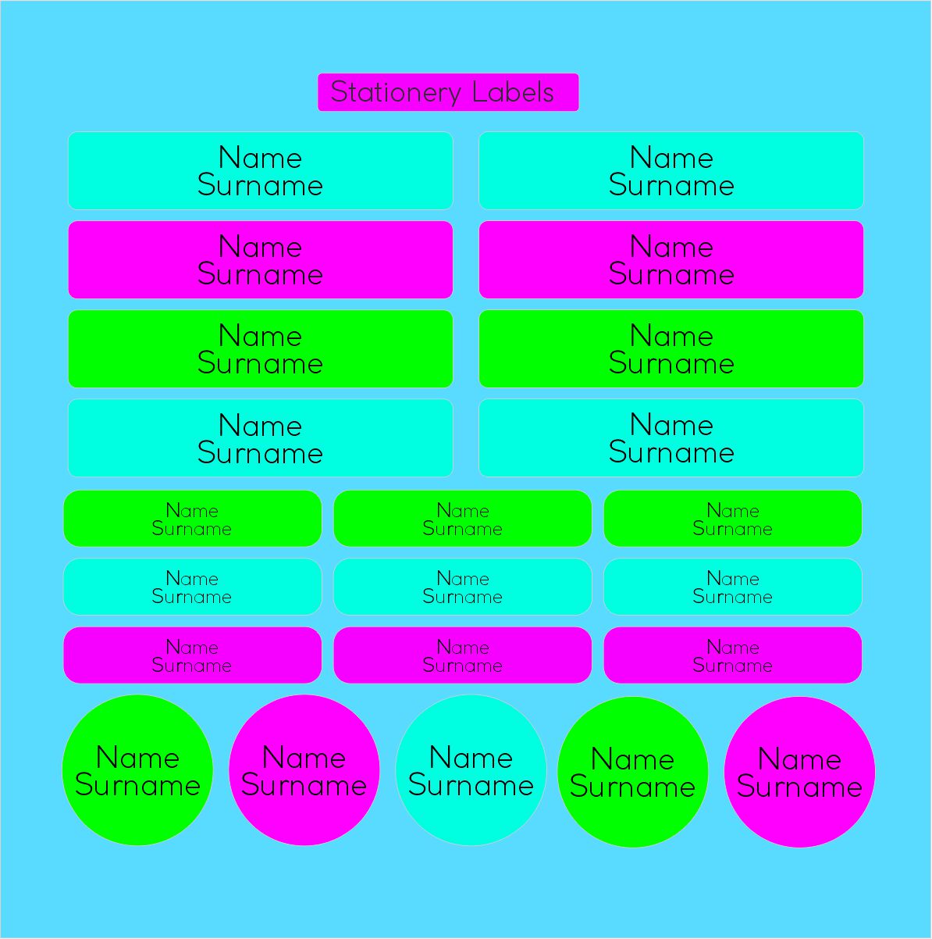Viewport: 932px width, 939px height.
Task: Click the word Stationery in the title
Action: click(395, 92)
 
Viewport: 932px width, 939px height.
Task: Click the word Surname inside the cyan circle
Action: click(471, 785)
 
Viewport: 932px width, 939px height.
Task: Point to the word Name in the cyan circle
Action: click(471, 758)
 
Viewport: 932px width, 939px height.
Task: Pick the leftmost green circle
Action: click(137, 770)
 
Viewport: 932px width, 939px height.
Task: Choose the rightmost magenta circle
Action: click(799, 772)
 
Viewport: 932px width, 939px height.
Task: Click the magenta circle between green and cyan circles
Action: click(304, 770)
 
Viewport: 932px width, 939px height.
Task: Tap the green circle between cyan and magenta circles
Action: click(632, 772)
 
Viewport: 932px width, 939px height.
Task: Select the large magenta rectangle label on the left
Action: click(260, 259)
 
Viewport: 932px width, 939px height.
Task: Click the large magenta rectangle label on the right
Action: click(671, 259)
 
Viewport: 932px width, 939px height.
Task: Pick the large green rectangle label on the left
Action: click(260, 348)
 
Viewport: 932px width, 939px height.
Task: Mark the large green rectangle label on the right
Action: click(671, 348)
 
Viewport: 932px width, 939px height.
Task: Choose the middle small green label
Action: click(462, 519)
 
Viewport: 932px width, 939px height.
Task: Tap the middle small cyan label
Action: click(462, 587)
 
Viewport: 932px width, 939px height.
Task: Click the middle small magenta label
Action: click(462, 655)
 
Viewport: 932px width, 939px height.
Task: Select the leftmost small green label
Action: click(192, 519)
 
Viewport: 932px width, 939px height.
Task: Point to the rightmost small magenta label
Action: click(732, 655)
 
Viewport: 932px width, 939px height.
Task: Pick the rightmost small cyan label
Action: click(732, 587)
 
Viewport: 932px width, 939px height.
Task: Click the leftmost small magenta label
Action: click(192, 655)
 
